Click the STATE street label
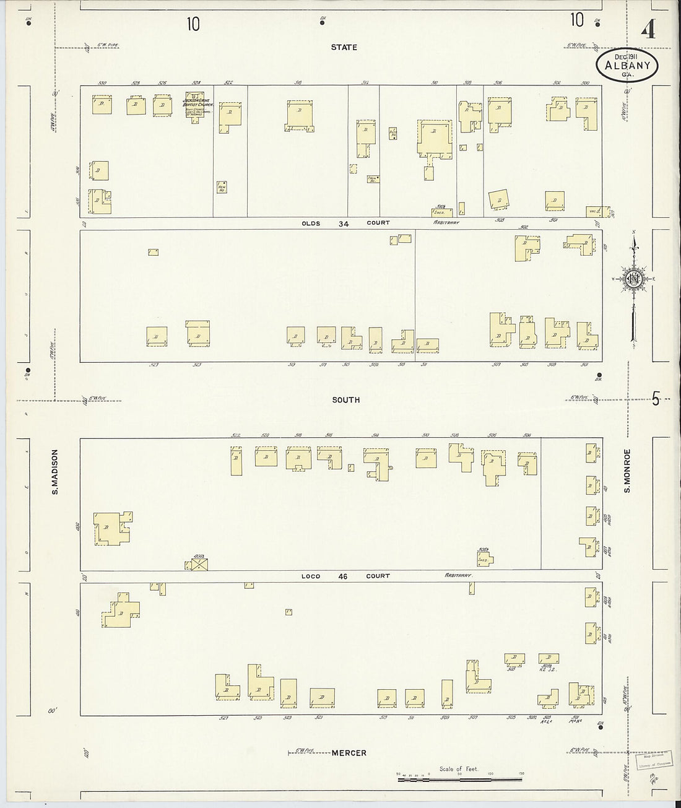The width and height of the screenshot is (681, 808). (344, 47)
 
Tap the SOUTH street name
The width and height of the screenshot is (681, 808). (345, 400)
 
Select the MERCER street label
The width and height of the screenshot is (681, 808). (349, 753)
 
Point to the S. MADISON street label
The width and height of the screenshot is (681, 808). (54, 472)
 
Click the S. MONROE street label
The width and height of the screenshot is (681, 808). (627, 471)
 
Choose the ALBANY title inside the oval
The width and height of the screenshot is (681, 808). (627, 65)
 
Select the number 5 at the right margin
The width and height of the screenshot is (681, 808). (656, 399)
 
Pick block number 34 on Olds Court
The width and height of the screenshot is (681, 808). (344, 224)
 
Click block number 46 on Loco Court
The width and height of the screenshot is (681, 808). (342, 576)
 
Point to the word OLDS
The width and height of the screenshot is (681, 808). (311, 224)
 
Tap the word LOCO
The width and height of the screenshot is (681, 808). (311, 576)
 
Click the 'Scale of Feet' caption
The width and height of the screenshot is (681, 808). (459, 769)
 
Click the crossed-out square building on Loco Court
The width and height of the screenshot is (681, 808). (199, 564)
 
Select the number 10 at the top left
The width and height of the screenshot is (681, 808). (194, 24)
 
